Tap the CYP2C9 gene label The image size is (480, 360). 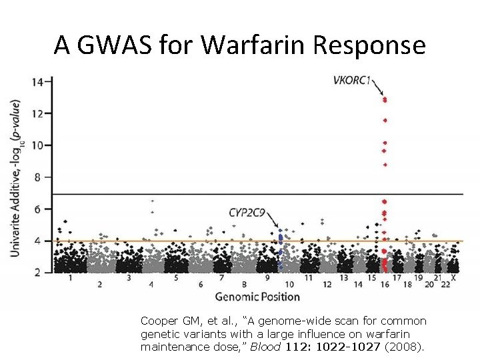pyautogui.click(x=247, y=213)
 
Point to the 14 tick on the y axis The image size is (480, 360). pyautogui.click(x=38, y=82)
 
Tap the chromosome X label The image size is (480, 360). pyautogui.click(x=454, y=277)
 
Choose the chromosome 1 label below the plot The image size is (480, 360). pyautogui.click(x=70, y=277)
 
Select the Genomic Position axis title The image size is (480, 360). pyautogui.click(x=257, y=296)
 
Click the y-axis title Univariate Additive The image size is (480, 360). pyautogui.click(x=15, y=213)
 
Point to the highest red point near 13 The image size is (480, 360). pyautogui.click(x=385, y=99)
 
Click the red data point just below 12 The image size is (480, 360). pyautogui.click(x=385, y=121)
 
